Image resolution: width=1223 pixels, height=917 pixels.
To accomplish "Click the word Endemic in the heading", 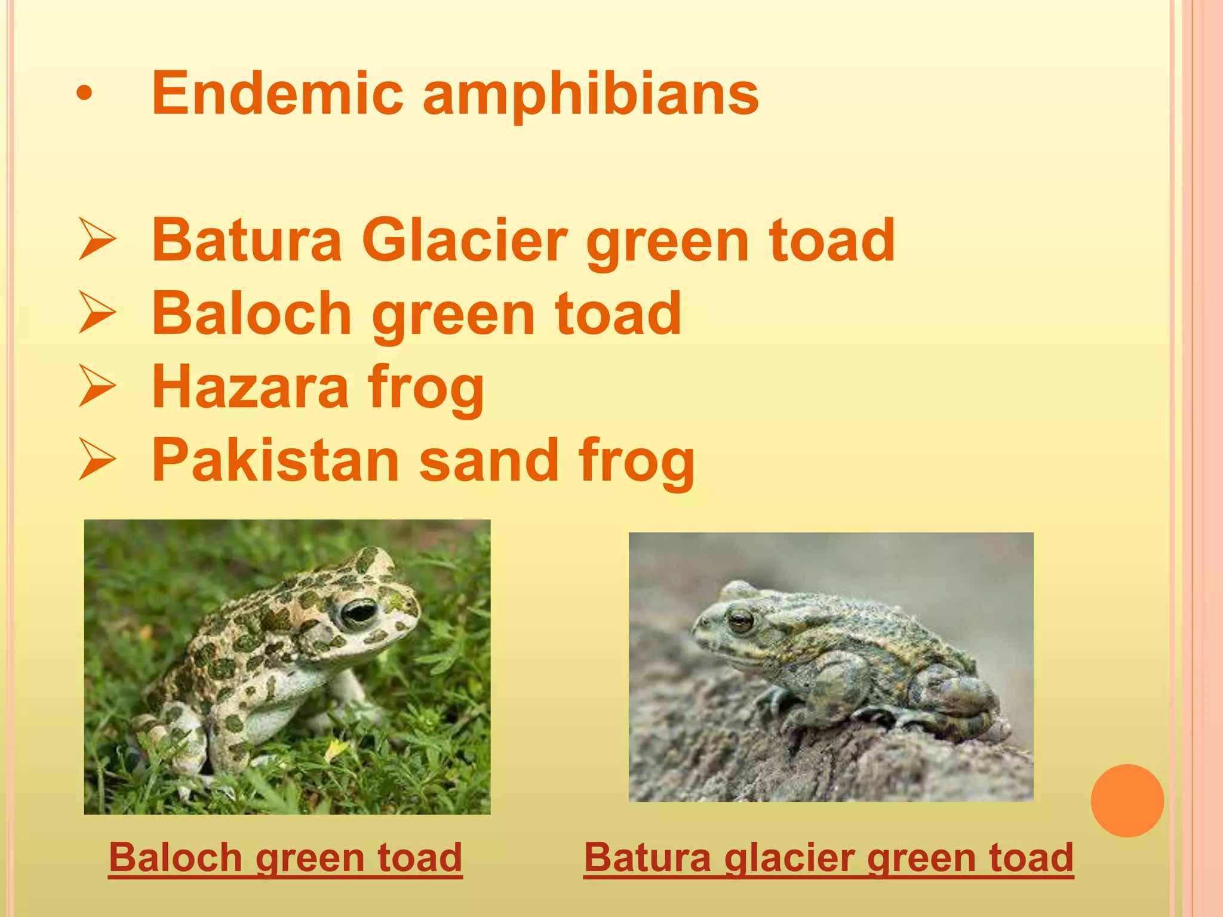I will pyautogui.click(x=278, y=93).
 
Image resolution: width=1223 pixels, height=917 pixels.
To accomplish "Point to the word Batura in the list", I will pyautogui.click(x=247, y=240).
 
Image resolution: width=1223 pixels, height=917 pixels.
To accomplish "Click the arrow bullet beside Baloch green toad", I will pyautogui.click(x=96, y=313).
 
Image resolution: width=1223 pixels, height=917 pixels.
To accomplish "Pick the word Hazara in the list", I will pyautogui.click(x=250, y=387).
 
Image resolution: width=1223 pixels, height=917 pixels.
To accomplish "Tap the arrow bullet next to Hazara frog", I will pyautogui.click(x=96, y=387).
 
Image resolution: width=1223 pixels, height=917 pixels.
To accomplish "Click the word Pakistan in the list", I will pyautogui.click(x=275, y=460).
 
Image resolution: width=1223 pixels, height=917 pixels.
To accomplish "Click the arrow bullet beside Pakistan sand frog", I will pyautogui.click(x=96, y=460).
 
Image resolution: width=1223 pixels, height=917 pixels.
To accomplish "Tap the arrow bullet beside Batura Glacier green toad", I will pyautogui.click(x=96, y=240).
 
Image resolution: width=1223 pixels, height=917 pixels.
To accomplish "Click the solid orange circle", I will pyautogui.click(x=1127, y=801).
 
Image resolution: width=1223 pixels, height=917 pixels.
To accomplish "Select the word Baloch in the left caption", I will pyautogui.click(x=174, y=857).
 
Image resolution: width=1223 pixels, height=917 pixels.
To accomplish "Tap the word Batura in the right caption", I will pyautogui.click(x=647, y=857).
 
